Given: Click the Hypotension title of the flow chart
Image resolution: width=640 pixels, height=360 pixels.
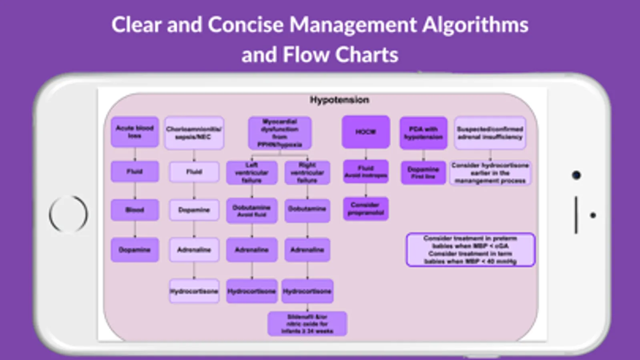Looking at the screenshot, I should (x=339, y=100).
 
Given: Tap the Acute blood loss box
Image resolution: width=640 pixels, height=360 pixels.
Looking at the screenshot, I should (x=134, y=132).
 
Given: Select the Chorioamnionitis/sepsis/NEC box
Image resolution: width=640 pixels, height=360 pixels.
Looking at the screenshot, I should (x=194, y=133).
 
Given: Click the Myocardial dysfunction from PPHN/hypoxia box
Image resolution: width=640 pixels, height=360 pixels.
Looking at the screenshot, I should (x=279, y=133).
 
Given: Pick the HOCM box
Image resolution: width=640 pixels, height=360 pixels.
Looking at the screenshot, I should (x=365, y=132).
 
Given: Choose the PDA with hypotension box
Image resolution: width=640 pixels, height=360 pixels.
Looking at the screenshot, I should (x=423, y=133).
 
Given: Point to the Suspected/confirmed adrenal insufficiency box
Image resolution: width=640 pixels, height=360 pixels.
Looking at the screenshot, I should (x=490, y=133).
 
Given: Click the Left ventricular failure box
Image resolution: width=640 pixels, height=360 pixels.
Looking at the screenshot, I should (x=251, y=173).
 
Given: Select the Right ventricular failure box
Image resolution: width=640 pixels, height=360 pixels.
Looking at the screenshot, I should (x=307, y=173).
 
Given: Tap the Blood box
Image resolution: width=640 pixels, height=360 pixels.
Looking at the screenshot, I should (x=134, y=210).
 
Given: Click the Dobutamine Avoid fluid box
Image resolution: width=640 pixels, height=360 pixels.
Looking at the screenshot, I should (x=251, y=210).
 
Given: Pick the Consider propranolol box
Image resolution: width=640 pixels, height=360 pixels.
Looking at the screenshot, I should (x=365, y=209).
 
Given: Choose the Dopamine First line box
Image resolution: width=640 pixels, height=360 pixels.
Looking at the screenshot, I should (x=423, y=172).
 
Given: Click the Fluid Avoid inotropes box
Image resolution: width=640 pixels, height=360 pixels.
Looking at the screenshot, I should (x=365, y=172).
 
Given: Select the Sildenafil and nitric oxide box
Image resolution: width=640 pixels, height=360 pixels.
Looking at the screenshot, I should (x=307, y=324).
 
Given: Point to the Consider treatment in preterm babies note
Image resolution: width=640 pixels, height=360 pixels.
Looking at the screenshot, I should (x=470, y=250).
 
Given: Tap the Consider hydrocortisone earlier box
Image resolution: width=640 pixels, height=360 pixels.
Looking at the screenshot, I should (x=490, y=173).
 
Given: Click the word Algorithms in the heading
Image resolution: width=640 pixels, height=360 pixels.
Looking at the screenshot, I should (x=475, y=25).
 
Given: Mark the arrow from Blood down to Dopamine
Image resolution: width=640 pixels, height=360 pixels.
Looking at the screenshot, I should (x=135, y=229).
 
